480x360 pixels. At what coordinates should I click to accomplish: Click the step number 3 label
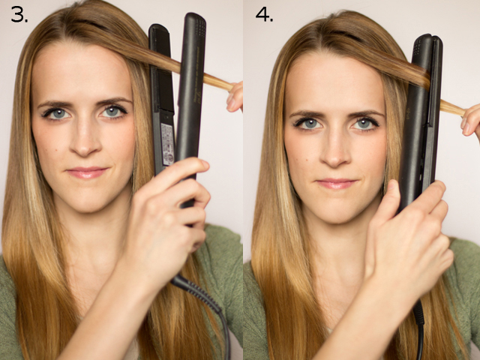pyautogui.click(x=19, y=14)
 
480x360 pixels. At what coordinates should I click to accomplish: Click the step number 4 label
pyautogui.click(x=264, y=14)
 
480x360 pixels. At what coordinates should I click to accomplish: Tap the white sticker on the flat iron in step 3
pyautogui.click(x=167, y=144)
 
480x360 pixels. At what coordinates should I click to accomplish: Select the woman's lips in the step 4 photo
pyautogui.click(x=337, y=184)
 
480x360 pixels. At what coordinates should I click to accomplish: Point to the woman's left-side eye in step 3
pyautogui.click(x=57, y=114)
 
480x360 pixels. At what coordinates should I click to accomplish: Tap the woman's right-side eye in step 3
pyautogui.click(x=113, y=112)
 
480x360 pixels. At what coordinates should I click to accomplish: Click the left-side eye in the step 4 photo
pyautogui.click(x=308, y=124)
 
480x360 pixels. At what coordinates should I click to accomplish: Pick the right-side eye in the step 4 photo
pyautogui.click(x=364, y=123)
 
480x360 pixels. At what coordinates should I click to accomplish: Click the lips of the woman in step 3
pyautogui.click(x=87, y=172)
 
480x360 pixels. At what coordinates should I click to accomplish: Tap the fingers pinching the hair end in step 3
pyautogui.click(x=235, y=97)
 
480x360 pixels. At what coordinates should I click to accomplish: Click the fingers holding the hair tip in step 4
pyautogui.click(x=471, y=120)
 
